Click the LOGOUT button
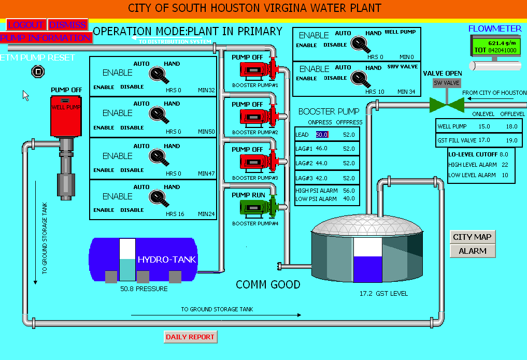pyautogui.click(x=26, y=24)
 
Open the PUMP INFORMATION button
pyautogui.click(x=46, y=38)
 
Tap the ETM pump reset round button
pyautogui.click(x=38, y=71)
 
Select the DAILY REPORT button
pyautogui.click(x=190, y=337)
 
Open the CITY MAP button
pyautogui.click(x=472, y=237)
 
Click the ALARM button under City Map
pyautogui.click(x=472, y=251)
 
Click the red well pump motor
pyautogui.click(x=66, y=116)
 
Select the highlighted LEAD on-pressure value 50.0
pyautogui.click(x=322, y=135)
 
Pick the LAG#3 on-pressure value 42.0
pyautogui.click(x=321, y=178)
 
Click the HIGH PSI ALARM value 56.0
pyautogui.click(x=349, y=191)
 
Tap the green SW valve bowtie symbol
pyautogui.click(x=447, y=105)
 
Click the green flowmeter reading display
pyautogui.click(x=495, y=46)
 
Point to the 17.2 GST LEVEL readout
pyautogui.click(x=383, y=294)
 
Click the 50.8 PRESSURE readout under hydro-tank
pyautogui.click(x=144, y=289)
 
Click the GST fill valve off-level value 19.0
pyautogui.click(x=511, y=140)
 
